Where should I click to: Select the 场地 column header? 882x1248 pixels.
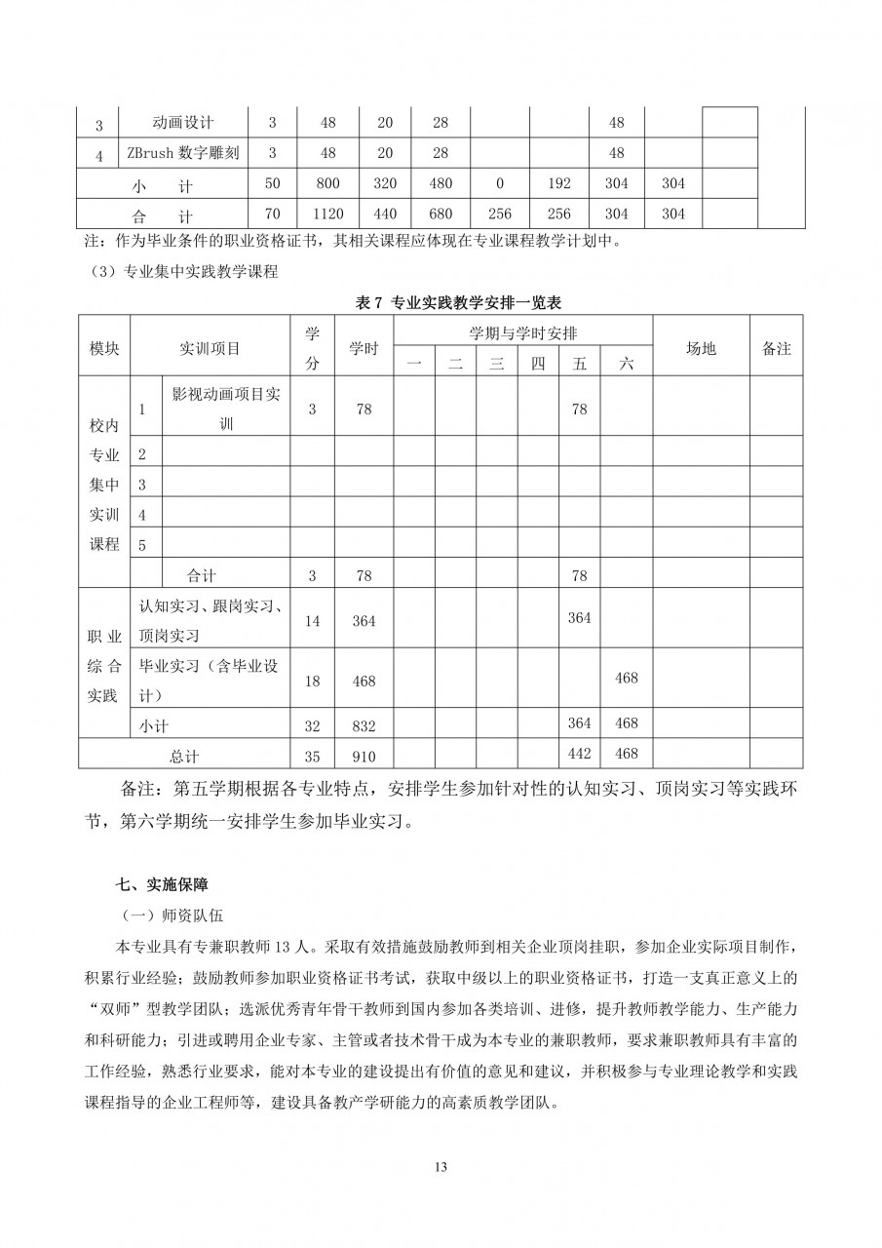(x=701, y=348)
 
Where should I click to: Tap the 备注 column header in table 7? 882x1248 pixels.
(x=776, y=348)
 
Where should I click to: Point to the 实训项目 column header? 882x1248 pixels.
(x=210, y=348)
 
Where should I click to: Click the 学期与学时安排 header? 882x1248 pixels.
(x=522, y=332)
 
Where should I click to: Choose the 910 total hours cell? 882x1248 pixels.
(x=364, y=754)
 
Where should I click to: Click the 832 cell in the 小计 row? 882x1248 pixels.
(x=364, y=723)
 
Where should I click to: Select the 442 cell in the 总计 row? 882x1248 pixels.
(x=580, y=754)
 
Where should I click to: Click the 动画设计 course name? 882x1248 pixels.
(x=183, y=123)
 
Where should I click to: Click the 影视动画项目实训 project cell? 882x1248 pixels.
(x=226, y=409)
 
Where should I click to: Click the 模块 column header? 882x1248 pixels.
(x=104, y=348)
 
